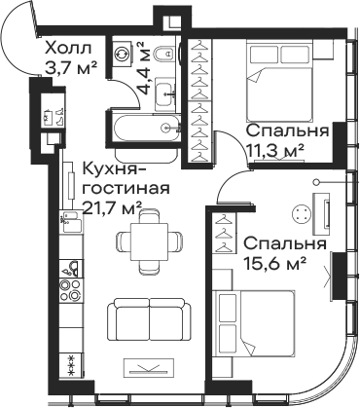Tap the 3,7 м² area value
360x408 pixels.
tap(71, 68)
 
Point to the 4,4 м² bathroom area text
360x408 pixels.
tap(145, 68)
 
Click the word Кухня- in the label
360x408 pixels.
tap(113, 169)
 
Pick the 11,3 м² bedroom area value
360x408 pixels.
tap(275, 150)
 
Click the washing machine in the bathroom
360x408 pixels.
tap(123, 54)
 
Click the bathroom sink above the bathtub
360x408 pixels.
tap(165, 92)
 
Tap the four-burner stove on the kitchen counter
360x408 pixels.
tap(70, 290)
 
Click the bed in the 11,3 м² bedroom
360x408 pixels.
tap(279, 80)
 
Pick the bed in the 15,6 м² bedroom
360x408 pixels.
tap(255, 324)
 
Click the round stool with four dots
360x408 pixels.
tap(302, 214)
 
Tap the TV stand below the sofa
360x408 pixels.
tap(149, 367)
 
